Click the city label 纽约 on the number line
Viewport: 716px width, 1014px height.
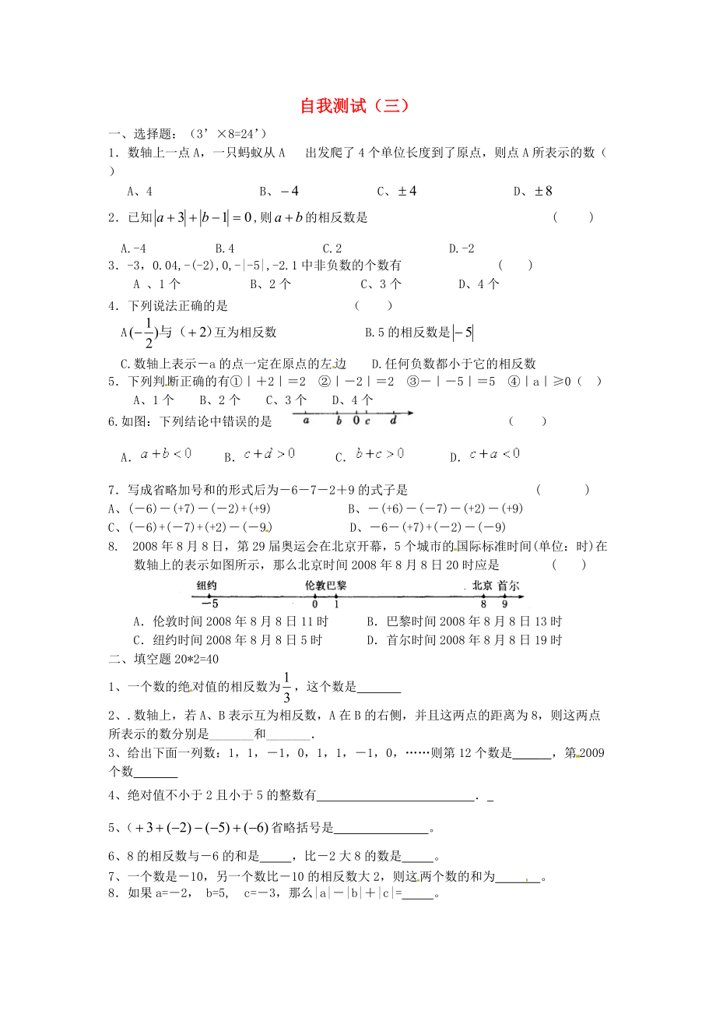(x=206, y=585)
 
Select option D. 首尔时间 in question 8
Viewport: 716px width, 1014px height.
(x=463, y=640)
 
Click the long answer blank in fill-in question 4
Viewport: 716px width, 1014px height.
(x=396, y=795)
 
